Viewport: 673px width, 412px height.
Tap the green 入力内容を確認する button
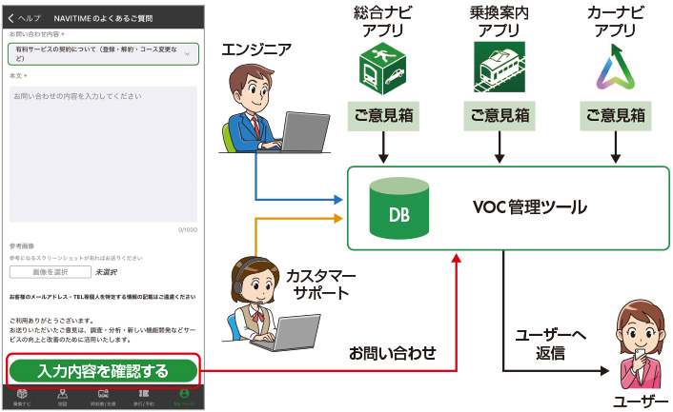(103, 370)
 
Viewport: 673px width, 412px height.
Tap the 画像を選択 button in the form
(48, 272)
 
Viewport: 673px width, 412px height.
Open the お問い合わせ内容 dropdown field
(103, 54)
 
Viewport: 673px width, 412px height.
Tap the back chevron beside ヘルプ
(11, 18)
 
